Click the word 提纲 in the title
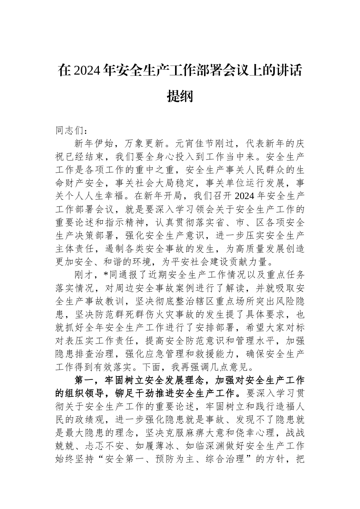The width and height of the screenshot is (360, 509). [x=180, y=96]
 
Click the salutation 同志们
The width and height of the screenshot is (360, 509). [x=70, y=131]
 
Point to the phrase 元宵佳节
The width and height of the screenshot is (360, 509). [x=193, y=144]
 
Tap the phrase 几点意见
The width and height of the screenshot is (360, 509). [x=232, y=367]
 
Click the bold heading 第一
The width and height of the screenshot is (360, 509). [x=85, y=381]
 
